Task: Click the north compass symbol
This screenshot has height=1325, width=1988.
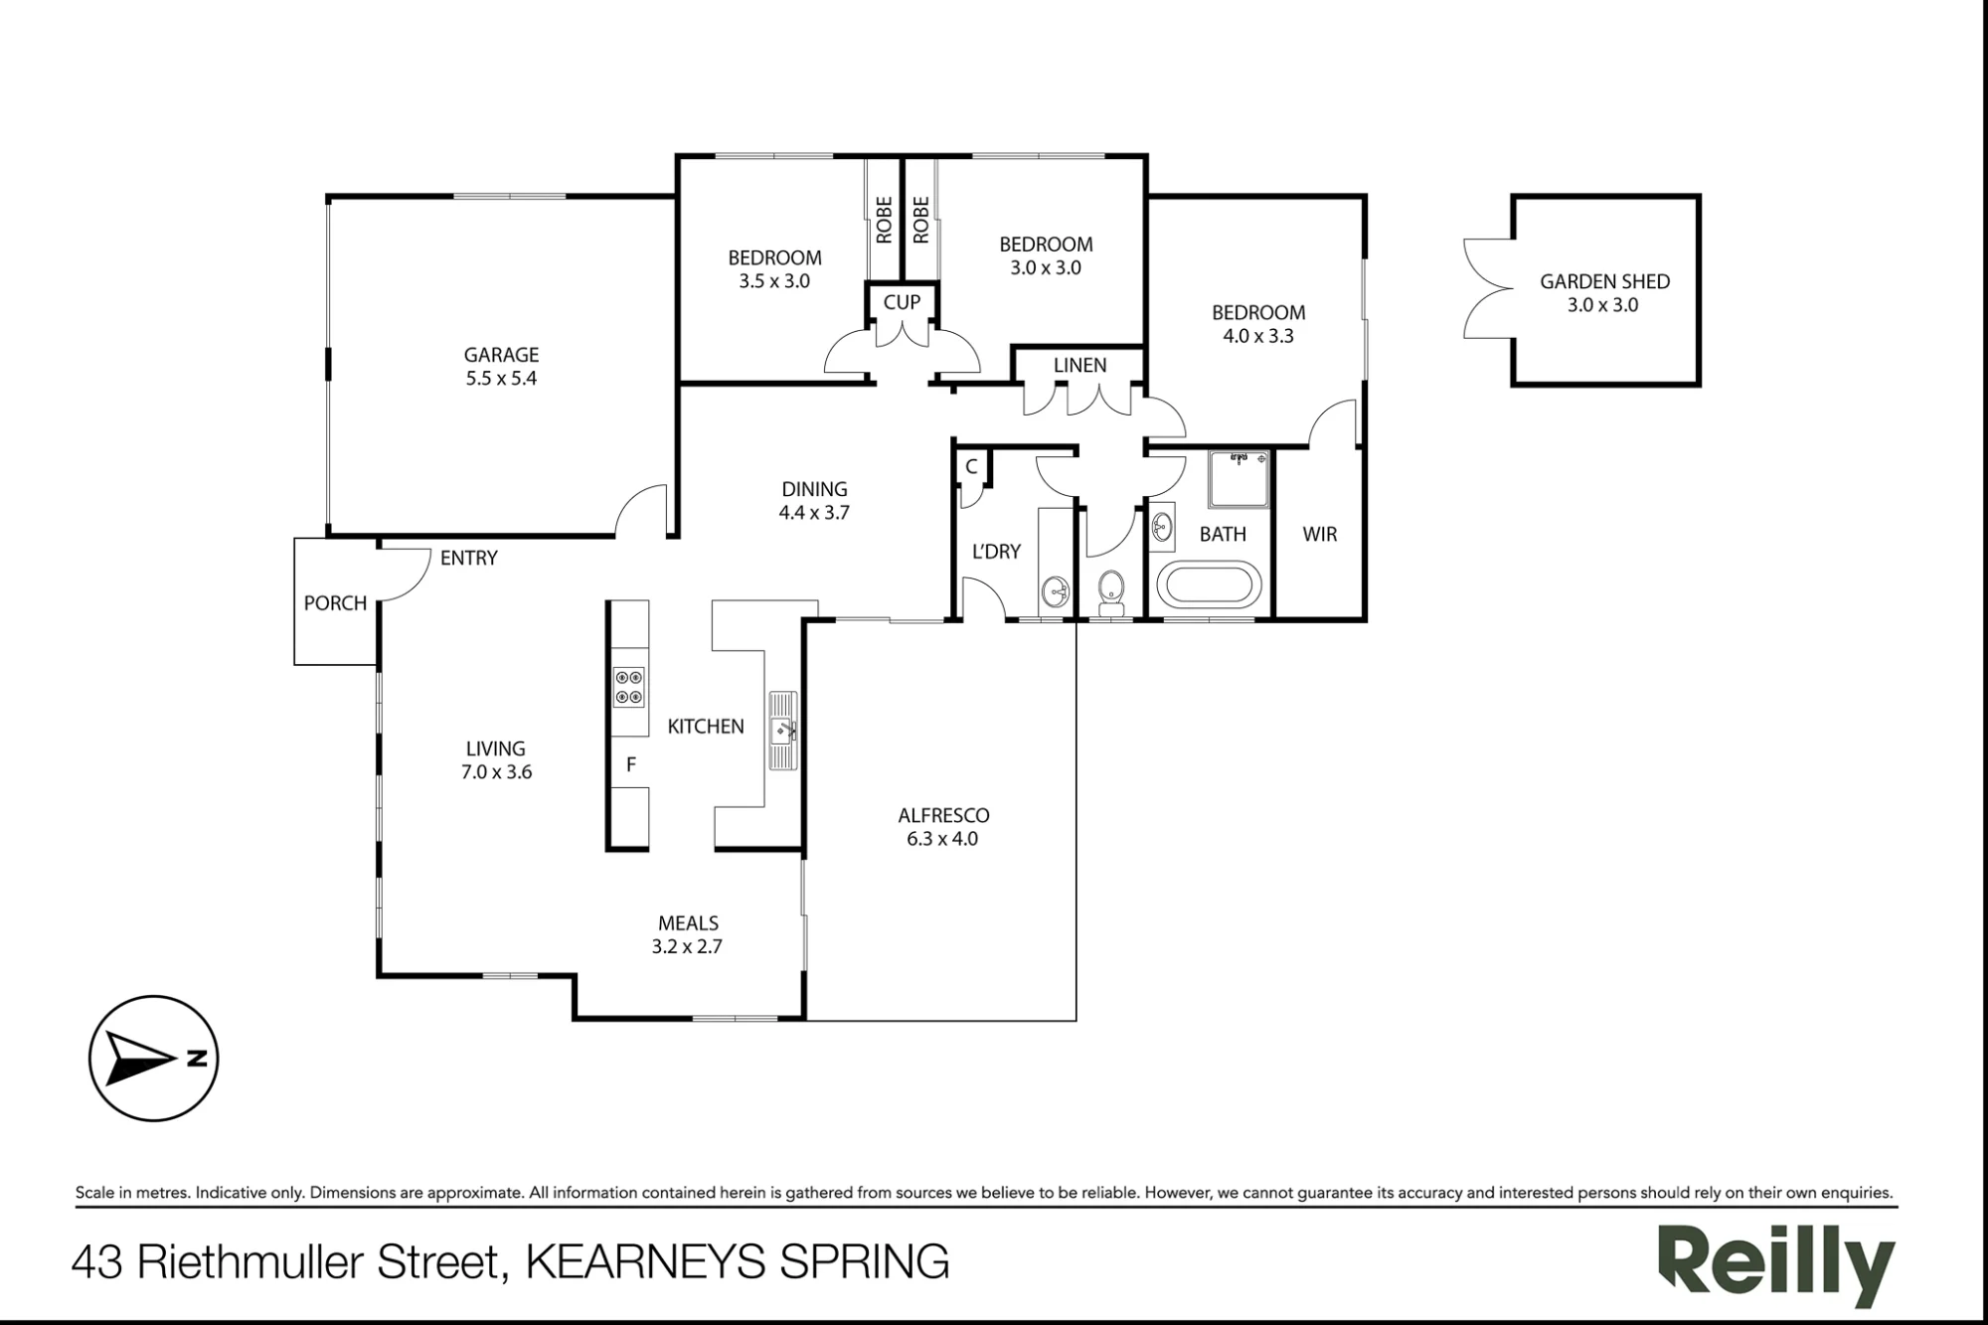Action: click(154, 1059)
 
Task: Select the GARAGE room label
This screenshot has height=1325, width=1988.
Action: click(501, 355)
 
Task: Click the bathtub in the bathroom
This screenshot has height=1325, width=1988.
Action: click(1210, 584)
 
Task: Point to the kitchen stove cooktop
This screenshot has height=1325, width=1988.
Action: click(628, 687)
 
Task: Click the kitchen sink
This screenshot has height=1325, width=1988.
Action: click(782, 731)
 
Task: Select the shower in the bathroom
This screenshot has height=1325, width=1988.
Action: click(1240, 479)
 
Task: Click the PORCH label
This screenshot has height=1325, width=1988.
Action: click(335, 603)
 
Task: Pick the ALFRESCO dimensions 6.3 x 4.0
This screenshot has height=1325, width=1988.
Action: click(942, 839)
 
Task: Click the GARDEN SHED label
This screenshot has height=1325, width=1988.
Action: click(1604, 282)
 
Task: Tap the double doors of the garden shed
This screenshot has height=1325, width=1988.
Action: click(1488, 289)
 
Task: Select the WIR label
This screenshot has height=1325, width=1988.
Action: click(1320, 535)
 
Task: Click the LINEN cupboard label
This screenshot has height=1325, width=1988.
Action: click(1079, 366)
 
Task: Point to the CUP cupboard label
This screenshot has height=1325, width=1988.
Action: click(902, 302)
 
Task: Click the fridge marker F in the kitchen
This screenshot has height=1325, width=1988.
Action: click(630, 765)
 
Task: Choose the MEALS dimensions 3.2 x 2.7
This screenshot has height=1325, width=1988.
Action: click(687, 947)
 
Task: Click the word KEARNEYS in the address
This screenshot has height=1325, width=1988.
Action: click(646, 1262)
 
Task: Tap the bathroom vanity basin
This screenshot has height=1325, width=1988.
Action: click(1162, 526)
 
